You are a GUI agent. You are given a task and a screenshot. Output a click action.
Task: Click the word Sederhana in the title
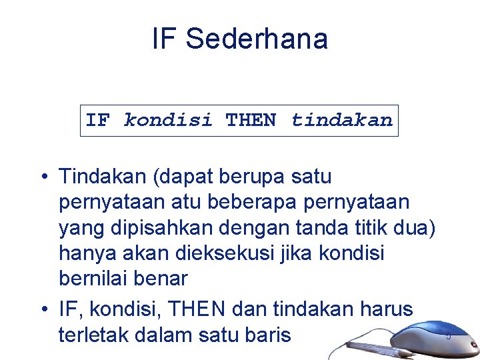coord(257,39)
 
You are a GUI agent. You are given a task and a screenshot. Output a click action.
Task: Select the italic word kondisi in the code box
coord(168,121)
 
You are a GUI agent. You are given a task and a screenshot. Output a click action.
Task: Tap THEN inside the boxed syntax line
coord(251,121)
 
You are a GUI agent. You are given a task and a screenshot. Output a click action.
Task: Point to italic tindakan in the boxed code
coord(341,121)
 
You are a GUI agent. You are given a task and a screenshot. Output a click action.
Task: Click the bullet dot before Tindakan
coord(42,177)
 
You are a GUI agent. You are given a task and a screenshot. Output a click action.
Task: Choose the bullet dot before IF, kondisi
coord(42,309)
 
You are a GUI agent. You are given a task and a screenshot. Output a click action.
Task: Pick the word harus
coord(387,309)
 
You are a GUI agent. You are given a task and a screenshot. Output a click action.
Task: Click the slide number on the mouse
coord(448,335)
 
